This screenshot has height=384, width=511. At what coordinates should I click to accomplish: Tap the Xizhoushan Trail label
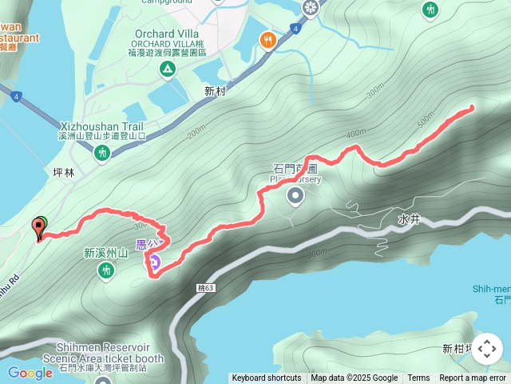click(101, 127)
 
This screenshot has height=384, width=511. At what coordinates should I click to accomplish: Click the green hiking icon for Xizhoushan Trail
click(101, 153)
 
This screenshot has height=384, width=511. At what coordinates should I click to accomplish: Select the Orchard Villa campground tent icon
click(167, 70)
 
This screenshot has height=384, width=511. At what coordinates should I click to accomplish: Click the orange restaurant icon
click(267, 39)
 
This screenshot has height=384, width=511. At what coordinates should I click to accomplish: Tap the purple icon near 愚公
click(153, 260)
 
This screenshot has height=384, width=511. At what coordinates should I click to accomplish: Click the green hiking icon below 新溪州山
click(105, 272)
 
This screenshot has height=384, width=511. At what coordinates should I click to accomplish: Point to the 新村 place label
click(215, 92)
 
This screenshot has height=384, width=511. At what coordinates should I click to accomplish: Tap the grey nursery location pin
click(295, 195)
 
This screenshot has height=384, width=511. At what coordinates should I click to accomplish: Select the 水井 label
click(409, 218)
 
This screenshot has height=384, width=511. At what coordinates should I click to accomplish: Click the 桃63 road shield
click(204, 287)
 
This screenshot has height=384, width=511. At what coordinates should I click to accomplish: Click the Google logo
click(30, 373)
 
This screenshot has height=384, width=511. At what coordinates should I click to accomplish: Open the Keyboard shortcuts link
click(267, 378)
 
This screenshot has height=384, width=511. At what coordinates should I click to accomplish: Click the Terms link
click(418, 378)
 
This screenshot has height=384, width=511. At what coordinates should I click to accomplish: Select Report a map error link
click(473, 378)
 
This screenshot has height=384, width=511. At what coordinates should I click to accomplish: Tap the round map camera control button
click(486, 349)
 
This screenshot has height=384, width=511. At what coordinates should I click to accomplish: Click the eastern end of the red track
click(473, 106)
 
